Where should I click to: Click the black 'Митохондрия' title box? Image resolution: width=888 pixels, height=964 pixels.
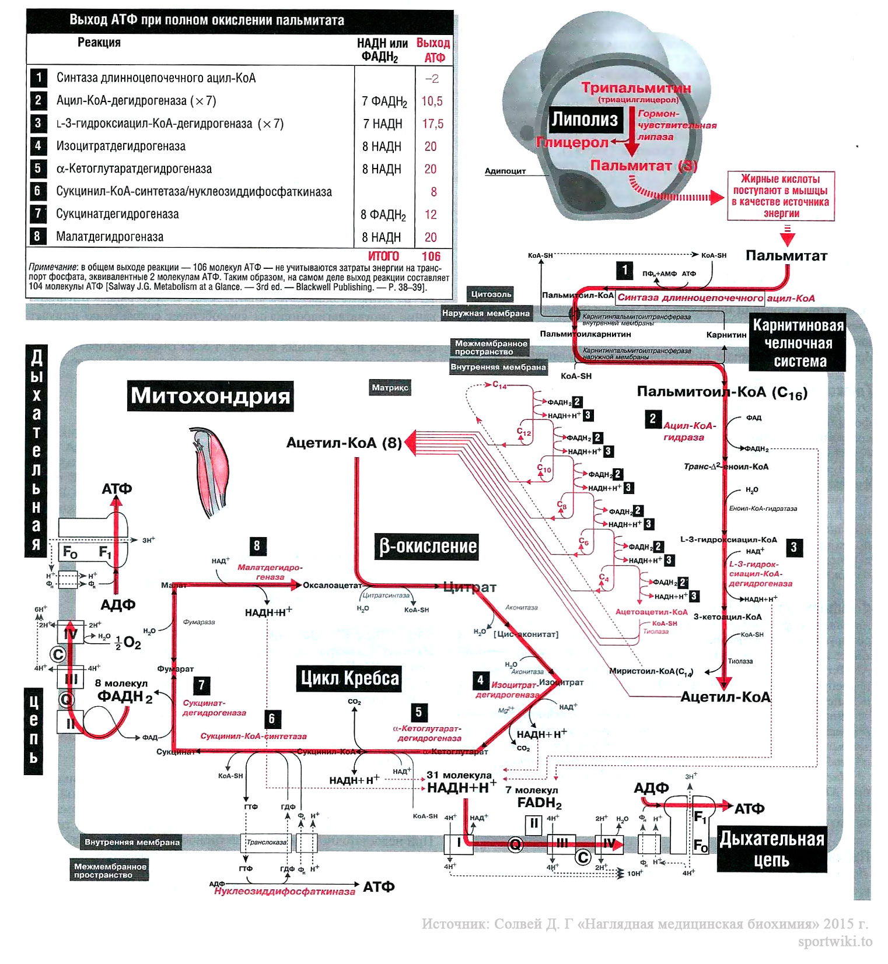210,396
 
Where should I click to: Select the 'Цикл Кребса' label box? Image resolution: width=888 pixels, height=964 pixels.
349,678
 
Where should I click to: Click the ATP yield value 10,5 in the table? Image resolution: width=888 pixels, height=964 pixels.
432,101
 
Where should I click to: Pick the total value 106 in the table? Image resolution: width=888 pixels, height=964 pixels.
431,256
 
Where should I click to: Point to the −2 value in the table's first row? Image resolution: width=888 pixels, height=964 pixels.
432,79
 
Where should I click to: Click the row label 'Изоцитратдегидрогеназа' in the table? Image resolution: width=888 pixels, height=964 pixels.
121,146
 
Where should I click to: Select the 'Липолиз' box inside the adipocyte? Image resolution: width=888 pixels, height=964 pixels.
585,120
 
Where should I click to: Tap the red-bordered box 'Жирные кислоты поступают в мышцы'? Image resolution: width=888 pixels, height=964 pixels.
781,196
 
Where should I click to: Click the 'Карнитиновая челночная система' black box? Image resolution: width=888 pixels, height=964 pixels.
798,343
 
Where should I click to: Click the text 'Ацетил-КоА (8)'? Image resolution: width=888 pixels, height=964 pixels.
344,443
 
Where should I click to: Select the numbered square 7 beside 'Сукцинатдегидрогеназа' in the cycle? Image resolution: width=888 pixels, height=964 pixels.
201,685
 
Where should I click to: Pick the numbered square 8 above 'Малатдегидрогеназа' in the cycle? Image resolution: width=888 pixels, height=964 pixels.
257,545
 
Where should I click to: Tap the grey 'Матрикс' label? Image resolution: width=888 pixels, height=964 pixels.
390,388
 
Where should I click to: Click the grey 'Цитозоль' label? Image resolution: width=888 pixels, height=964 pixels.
491,295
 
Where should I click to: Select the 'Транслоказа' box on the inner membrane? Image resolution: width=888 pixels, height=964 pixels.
266,843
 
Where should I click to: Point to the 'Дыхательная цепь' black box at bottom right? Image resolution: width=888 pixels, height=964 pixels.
771,849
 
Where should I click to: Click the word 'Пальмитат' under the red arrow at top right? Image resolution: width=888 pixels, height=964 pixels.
786,256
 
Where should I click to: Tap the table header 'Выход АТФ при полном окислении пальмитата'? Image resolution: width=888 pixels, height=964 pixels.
207,20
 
